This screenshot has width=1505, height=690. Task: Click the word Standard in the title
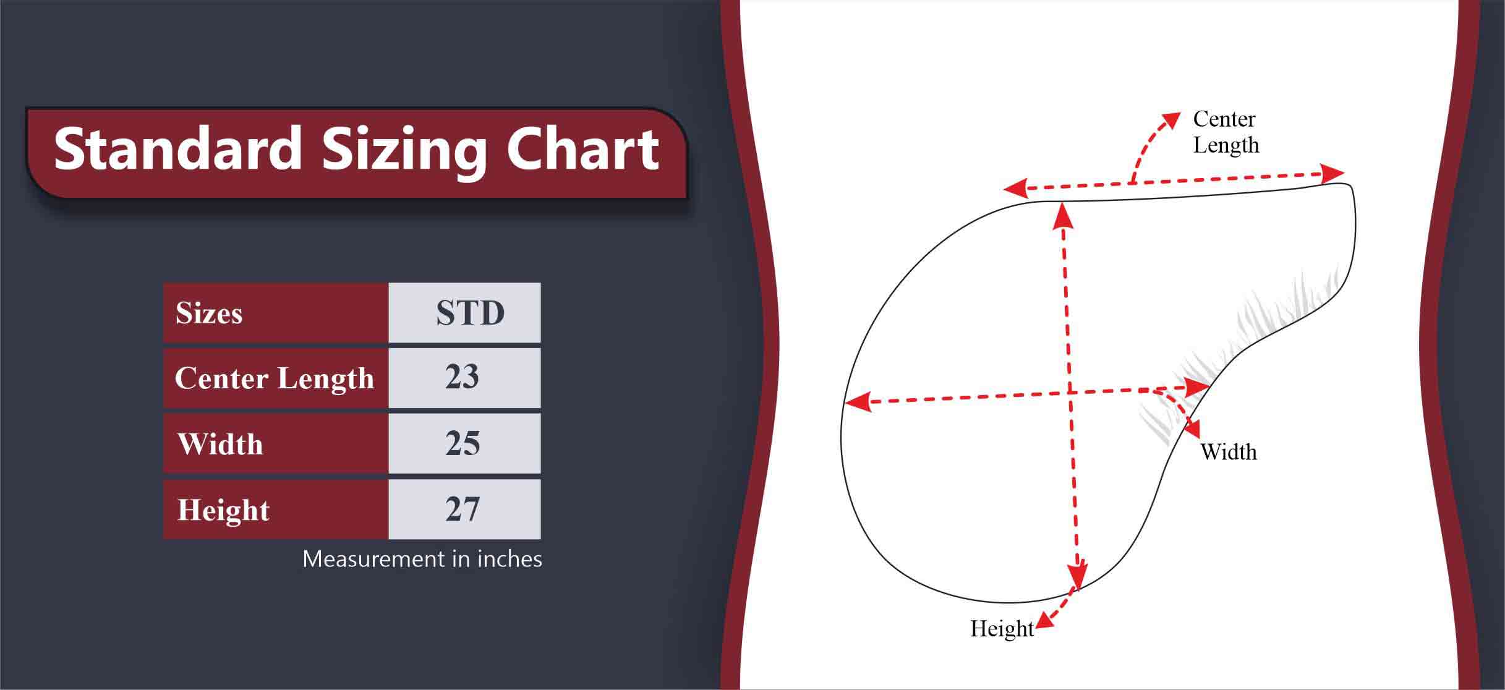click(177, 149)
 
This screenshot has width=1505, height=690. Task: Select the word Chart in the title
click(583, 149)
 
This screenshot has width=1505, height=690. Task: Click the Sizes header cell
click(276, 313)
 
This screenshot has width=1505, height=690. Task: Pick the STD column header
click(464, 313)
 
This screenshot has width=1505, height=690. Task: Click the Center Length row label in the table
click(275, 378)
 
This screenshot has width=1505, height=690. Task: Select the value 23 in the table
click(462, 377)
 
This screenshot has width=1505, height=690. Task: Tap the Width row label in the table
click(220, 444)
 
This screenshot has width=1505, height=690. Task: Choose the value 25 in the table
click(463, 443)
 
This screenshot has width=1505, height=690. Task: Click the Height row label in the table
click(223, 511)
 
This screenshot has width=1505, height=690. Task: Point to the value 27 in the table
click(463, 509)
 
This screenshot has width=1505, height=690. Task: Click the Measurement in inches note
click(422, 559)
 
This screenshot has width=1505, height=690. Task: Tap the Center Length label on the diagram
click(1226, 132)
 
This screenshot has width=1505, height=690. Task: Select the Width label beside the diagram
click(1229, 452)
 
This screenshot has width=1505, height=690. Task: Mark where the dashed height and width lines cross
click(1068, 393)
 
